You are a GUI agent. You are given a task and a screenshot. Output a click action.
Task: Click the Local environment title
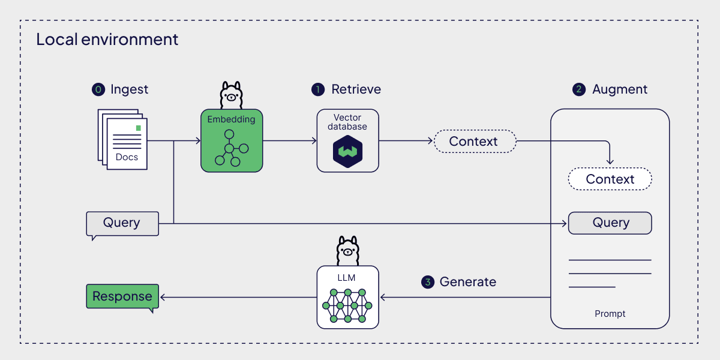pyautogui.click(x=107, y=40)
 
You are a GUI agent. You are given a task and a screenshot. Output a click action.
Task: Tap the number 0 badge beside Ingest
pyautogui.click(x=97, y=89)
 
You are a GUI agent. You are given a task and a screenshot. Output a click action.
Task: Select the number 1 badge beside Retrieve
pyautogui.click(x=318, y=89)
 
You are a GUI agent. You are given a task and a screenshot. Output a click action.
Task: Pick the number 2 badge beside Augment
pyautogui.click(x=579, y=89)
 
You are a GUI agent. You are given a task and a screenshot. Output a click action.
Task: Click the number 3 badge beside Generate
pyautogui.click(x=427, y=282)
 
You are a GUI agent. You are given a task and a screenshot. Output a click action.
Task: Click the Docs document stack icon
pyautogui.click(x=123, y=139)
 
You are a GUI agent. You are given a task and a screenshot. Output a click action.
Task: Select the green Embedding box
pyautogui.click(x=232, y=141)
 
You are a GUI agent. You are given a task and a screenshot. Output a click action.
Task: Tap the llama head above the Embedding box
pyautogui.click(x=231, y=95)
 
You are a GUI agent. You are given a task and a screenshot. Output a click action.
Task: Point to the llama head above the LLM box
pyautogui.click(x=347, y=251)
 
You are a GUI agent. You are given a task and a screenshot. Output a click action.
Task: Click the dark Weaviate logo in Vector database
pyautogui.click(x=348, y=153)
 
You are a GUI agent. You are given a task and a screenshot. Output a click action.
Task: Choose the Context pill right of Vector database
pyautogui.click(x=474, y=142)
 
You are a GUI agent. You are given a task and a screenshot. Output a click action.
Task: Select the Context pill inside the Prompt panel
pyautogui.click(x=610, y=179)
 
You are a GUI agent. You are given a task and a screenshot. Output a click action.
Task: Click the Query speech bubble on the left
pyautogui.click(x=122, y=223)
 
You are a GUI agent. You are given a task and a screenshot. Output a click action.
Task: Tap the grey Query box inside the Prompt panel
pyautogui.click(x=610, y=223)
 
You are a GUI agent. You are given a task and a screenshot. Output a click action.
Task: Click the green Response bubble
pyautogui.click(x=122, y=296)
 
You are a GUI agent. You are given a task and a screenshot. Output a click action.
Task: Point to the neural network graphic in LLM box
pyautogui.click(x=348, y=305)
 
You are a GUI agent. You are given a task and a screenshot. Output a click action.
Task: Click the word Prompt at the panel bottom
pyautogui.click(x=610, y=314)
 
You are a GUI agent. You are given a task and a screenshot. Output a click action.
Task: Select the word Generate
pyautogui.click(x=468, y=282)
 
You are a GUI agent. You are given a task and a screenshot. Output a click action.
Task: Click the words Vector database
pyautogui.click(x=348, y=122)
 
